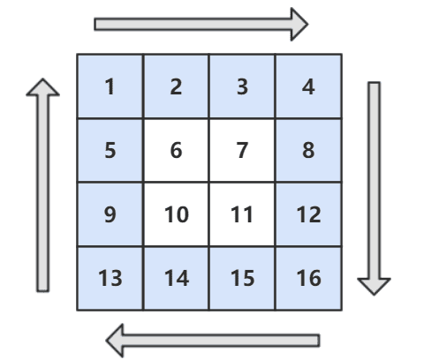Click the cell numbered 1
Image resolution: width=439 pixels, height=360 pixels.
[110, 86]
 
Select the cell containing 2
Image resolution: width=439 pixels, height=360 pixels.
[176, 86]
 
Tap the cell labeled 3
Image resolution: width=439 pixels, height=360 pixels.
[242, 86]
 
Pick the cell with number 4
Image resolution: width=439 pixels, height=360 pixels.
[308, 86]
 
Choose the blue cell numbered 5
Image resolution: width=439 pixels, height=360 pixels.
[110, 150]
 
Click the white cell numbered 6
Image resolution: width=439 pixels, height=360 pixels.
[176, 150]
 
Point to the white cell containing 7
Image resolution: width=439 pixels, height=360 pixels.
[242, 150]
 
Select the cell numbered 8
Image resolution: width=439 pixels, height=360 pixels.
[308, 150]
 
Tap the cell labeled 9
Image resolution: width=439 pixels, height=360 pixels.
[110, 214]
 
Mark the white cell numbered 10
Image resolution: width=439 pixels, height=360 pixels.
[176, 214]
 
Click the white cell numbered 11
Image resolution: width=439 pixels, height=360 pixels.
[242, 214]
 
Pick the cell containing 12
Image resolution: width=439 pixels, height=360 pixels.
[308, 214]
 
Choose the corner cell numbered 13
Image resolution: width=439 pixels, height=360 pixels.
[110, 278]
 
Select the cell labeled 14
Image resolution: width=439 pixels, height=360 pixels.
[176, 278]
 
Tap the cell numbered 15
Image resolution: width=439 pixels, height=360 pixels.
[242, 278]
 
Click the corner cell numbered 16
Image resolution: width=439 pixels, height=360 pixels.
[308, 278]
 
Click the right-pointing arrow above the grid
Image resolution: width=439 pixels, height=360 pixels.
[201, 24]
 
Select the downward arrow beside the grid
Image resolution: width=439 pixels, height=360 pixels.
[374, 188]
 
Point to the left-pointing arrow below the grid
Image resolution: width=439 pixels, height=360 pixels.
[213, 341]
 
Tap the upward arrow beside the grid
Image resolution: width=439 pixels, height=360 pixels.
[43, 185]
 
